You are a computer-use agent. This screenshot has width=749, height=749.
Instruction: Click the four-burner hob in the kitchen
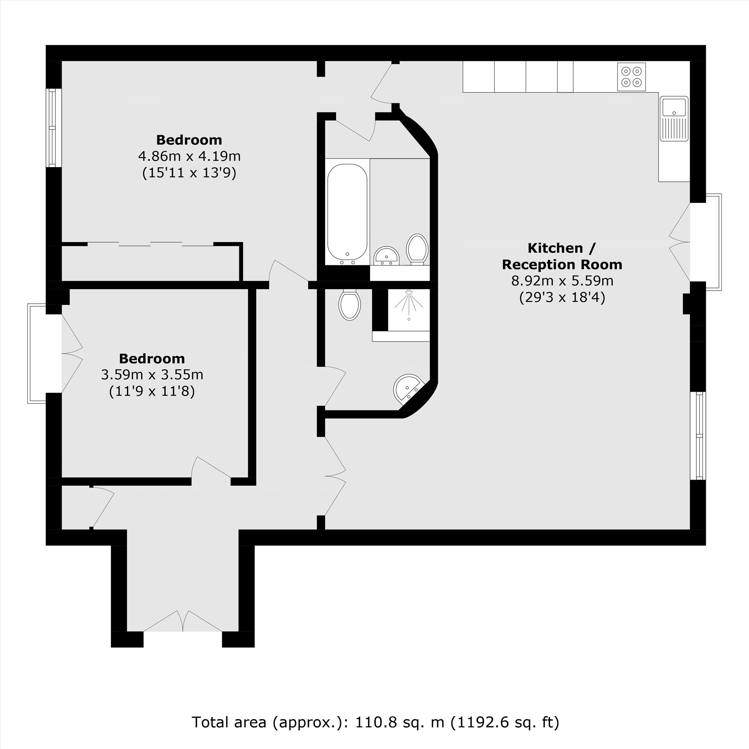tap(631, 77)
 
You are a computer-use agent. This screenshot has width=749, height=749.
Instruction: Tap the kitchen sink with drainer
tap(674, 119)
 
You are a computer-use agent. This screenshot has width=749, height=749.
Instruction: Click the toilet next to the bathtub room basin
tap(417, 249)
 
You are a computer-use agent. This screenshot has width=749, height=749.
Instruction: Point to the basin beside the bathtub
tap(386, 256)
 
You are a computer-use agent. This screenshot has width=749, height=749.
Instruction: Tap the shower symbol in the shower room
tap(409, 305)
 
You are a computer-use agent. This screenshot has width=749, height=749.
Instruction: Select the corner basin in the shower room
tap(407, 388)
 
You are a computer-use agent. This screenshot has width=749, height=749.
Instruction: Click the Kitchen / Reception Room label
tap(562, 256)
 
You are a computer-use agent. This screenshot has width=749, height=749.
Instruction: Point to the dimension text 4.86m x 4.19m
tap(189, 156)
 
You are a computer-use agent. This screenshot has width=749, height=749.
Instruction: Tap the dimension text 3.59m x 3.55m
tap(152, 375)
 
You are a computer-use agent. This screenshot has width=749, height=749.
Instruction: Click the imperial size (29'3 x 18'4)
tap(562, 297)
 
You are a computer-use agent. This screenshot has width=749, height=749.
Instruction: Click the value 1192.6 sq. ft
tap(504, 722)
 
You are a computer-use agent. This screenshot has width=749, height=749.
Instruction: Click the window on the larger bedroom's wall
tap(54, 128)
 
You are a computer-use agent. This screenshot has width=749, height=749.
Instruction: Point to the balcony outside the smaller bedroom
tap(37, 354)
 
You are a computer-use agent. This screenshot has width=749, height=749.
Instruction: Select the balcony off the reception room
tap(713, 242)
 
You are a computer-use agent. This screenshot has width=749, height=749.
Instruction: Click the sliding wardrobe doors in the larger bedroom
tap(151, 244)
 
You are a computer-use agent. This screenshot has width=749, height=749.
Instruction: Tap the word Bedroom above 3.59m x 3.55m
tap(152, 359)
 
